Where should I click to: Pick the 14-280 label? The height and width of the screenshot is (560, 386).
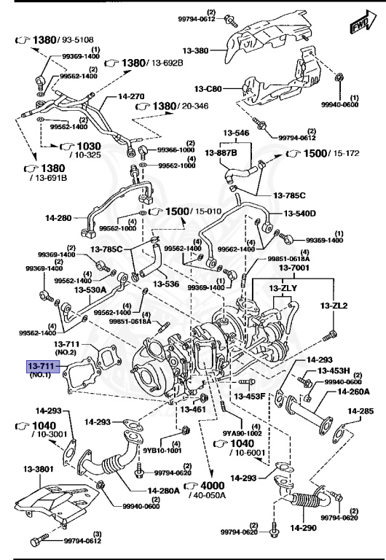[x=60, y=217]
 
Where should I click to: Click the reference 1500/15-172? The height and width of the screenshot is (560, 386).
[x=321, y=154]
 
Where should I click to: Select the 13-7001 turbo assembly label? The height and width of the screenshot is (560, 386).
[x=294, y=268]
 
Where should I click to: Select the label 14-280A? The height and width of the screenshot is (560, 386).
[x=164, y=491]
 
